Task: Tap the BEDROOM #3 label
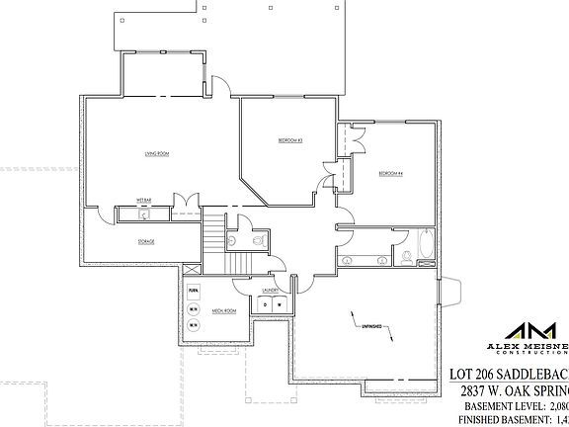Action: (x=289, y=140)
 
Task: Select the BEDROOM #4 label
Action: (x=391, y=174)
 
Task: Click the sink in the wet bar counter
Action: (x=143, y=213)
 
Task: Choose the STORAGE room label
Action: (x=145, y=241)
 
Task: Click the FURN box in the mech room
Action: (x=194, y=291)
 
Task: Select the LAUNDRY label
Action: (x=269, y=291)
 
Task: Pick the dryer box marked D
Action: (x=264, y=305)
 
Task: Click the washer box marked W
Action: (x=280, y=305)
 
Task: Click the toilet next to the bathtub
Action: (x=406, y=257)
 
